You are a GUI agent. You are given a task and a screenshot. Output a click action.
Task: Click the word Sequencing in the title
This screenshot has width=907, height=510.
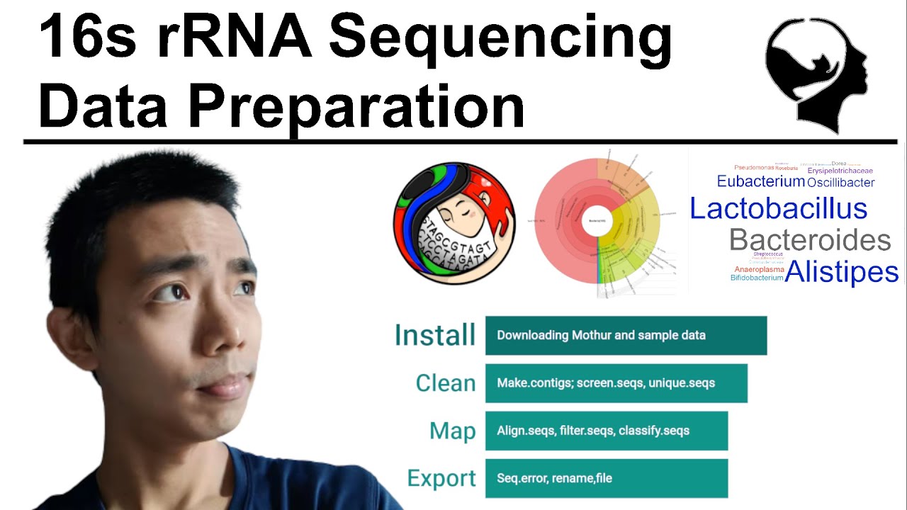[x=500, y=40]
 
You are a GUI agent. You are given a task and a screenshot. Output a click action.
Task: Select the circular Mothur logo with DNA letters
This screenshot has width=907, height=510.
[x=454, y=223]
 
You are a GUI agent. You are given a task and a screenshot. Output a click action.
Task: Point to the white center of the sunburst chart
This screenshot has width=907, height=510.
[x=597, y=222]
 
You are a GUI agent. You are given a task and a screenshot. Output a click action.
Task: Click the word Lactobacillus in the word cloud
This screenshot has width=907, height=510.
[x=778, y=208]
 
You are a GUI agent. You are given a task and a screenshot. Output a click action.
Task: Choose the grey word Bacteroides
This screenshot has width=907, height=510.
[x=809, y=241]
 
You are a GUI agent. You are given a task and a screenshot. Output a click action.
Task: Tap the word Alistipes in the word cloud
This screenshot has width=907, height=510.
[x=842, y=271]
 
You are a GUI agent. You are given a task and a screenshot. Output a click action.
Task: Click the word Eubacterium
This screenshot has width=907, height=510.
[x=760, y=181]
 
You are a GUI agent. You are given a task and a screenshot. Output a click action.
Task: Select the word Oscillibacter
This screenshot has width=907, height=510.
[x=841, y=183]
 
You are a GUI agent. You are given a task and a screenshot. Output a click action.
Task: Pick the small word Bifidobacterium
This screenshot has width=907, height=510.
[x=757, y=278]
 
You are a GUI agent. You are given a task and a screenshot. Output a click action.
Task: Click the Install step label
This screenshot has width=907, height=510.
[x=434, y=335]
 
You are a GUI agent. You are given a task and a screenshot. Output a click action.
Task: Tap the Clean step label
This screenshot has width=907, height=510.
[x=445, y=383]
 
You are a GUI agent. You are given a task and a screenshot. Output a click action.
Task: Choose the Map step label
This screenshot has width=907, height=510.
[x=452, y=431]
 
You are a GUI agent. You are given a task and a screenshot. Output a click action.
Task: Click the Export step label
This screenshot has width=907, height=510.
[x=441, y=478]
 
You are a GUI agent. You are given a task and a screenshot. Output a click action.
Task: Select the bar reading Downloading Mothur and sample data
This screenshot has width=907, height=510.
[x=626, y=335]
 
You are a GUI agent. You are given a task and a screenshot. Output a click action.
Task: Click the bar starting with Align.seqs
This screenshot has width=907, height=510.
[x=606, y=431]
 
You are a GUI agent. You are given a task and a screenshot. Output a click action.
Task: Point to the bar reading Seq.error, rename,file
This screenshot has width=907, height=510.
[x=606, y=478]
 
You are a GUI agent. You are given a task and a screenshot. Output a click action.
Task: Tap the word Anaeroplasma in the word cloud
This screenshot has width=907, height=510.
[x=759, y=269]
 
